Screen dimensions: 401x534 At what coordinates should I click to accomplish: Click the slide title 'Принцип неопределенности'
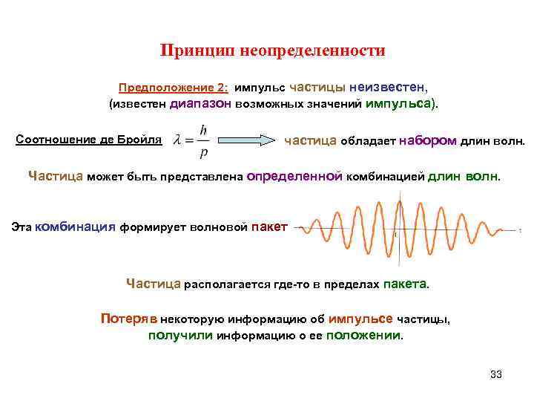click(273, 51)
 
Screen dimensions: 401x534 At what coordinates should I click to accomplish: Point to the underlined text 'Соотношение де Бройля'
click(89, 139)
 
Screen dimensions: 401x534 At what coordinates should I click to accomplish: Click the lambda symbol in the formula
click(177, 140)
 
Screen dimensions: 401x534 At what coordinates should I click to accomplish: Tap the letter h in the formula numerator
click(203, 129)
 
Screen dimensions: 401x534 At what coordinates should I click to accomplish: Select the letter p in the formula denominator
click(203, 152)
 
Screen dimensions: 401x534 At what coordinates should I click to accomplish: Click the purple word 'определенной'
click(294, 177)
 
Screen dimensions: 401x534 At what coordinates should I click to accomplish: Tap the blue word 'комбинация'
click(75, 227)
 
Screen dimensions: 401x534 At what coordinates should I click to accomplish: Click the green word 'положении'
click(364, 335)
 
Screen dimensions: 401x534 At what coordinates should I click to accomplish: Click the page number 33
click(496, 374)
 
